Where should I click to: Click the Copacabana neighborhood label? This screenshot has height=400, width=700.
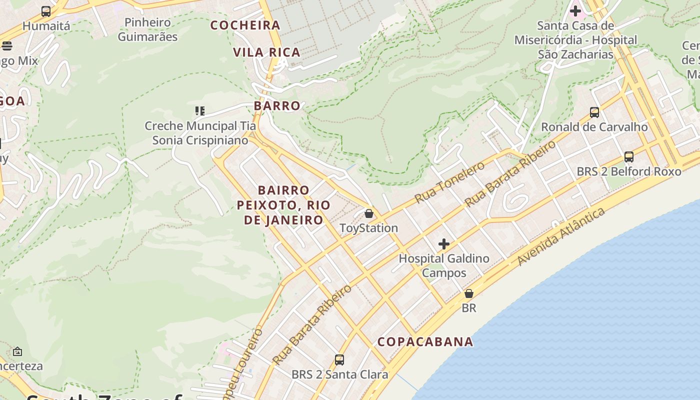tap(425, 342)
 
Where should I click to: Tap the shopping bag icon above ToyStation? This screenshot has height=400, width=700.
tap(369, 214)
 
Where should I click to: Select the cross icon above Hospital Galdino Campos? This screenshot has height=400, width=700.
tap(443, 244)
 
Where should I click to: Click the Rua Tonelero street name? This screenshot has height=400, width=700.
tap(449, 182)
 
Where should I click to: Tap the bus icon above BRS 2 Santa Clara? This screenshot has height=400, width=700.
tap(339, 360)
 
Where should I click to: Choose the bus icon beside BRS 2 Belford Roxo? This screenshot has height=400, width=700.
tap(629, 157)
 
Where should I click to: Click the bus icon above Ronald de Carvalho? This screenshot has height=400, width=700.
tap(594, 112)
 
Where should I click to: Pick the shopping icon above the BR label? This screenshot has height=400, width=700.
tap(468, 293)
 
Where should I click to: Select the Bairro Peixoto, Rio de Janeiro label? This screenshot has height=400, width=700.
tap(283, 205)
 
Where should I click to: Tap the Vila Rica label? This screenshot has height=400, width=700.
tap(266, 52)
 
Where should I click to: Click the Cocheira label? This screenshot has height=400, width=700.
tap(245, 25)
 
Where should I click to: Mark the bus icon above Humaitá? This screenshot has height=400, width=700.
tap(46, 11)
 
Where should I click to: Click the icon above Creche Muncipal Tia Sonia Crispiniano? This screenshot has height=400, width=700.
tap(200, 111)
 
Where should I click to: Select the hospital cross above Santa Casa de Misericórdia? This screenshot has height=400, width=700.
tap(575, 10)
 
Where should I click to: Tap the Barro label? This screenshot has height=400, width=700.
tap(277, 106)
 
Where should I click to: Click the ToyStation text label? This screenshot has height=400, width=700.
tap(368, 228)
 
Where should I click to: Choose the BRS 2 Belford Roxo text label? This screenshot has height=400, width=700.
tap(628, 171)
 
